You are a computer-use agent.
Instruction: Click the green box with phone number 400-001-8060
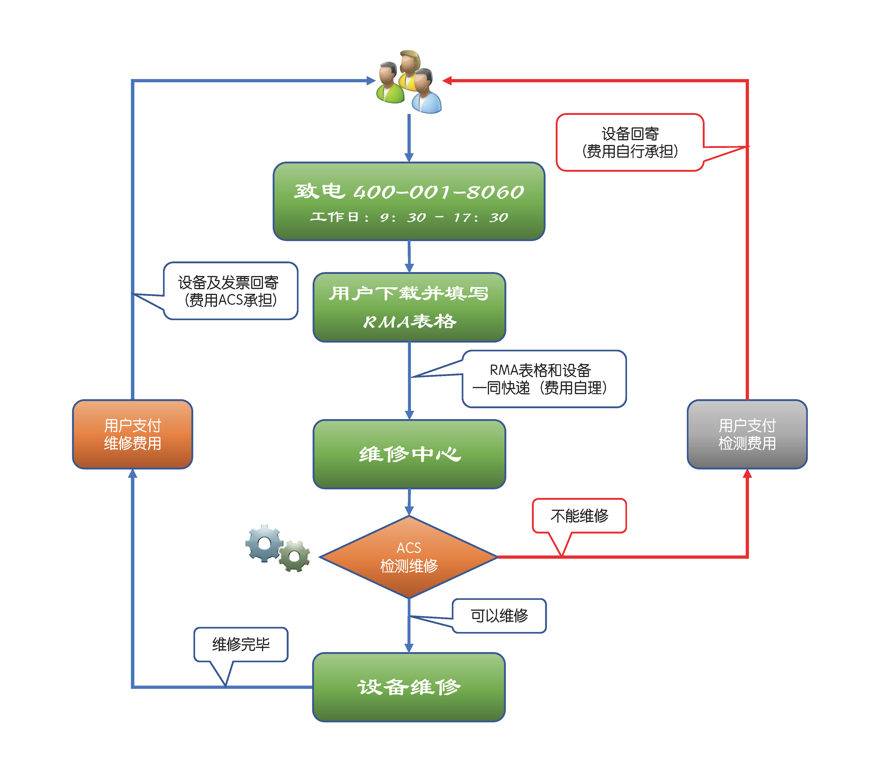coord(409,201)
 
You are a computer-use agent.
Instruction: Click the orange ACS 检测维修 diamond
coord(409,557)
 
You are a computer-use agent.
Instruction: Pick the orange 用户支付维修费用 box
coord(133,434)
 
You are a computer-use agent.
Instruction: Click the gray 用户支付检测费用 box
coord(747,434)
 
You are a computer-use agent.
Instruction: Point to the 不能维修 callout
coord(579,516)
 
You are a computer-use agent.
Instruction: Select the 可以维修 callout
coord(499,616)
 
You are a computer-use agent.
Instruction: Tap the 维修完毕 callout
coord(241,644)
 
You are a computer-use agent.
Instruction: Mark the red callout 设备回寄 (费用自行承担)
coord(630,142)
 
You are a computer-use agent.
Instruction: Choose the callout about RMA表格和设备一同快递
coord(544,379)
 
